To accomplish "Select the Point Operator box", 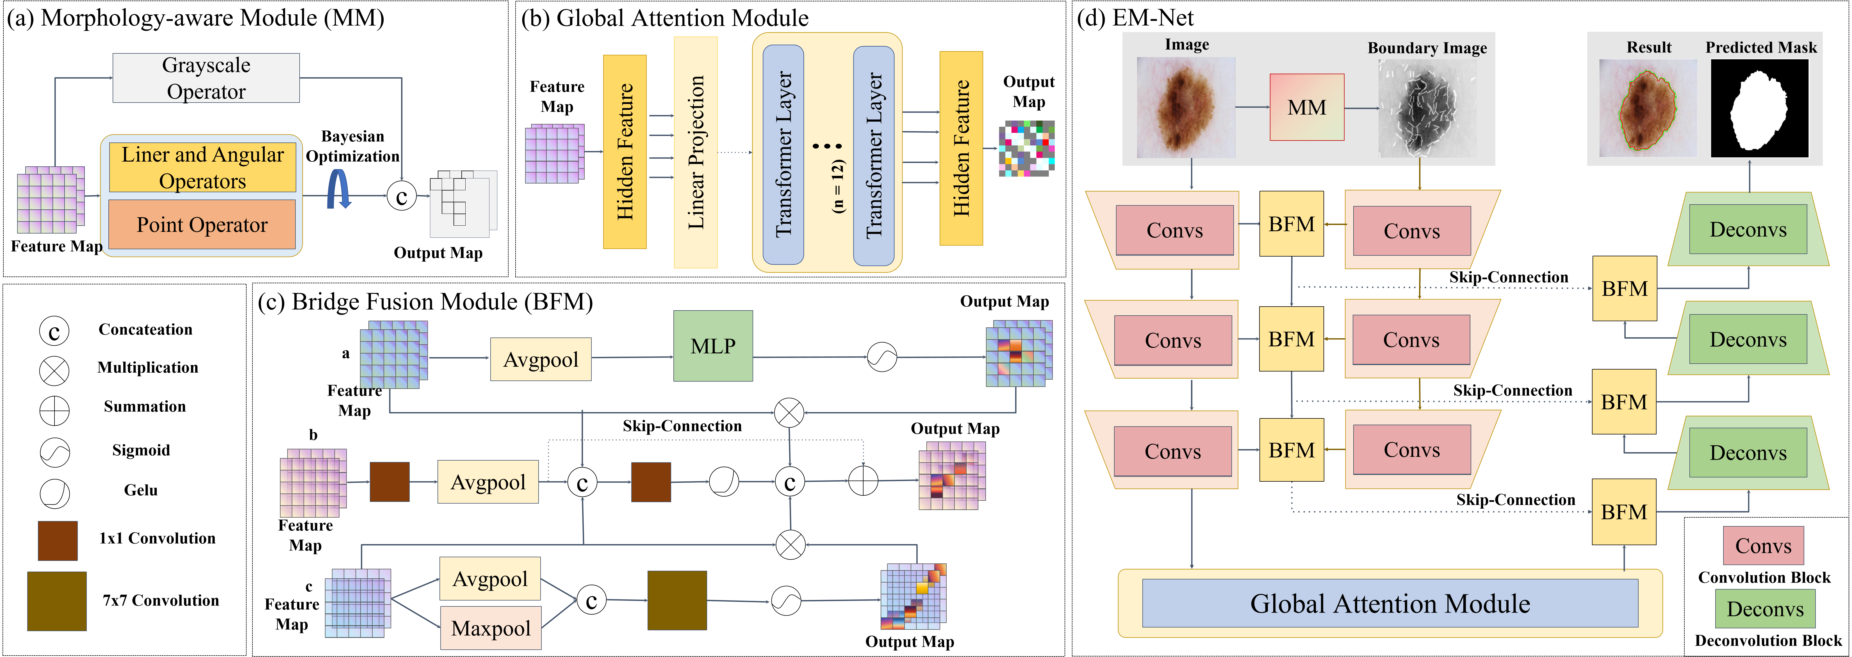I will pyautogui.click(x=202, y=225).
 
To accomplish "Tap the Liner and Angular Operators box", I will pyautogui.click(x=202, y=168).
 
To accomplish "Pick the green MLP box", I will pyautogui.click(x=712, y=346).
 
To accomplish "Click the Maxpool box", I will pyautogui.click(x=490, y=628).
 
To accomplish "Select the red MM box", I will pyautogui.click(x=1306, y=107).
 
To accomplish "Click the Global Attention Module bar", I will pyautogui.click(x=1390, y=603).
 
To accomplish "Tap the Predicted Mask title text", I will pyautogui.click(x=1761, y=47).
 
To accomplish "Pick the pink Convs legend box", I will pyautogui.click(x=1763, y=545).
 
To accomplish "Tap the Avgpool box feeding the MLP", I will pyautogui.click(x=541, y=359).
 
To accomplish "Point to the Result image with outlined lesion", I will pyautogui.click(x=1647, y=109).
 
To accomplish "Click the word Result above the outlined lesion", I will pyautogui.click(x=1648, y=47).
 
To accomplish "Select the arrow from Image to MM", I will pyautogui.click(x=1252, y=107).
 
